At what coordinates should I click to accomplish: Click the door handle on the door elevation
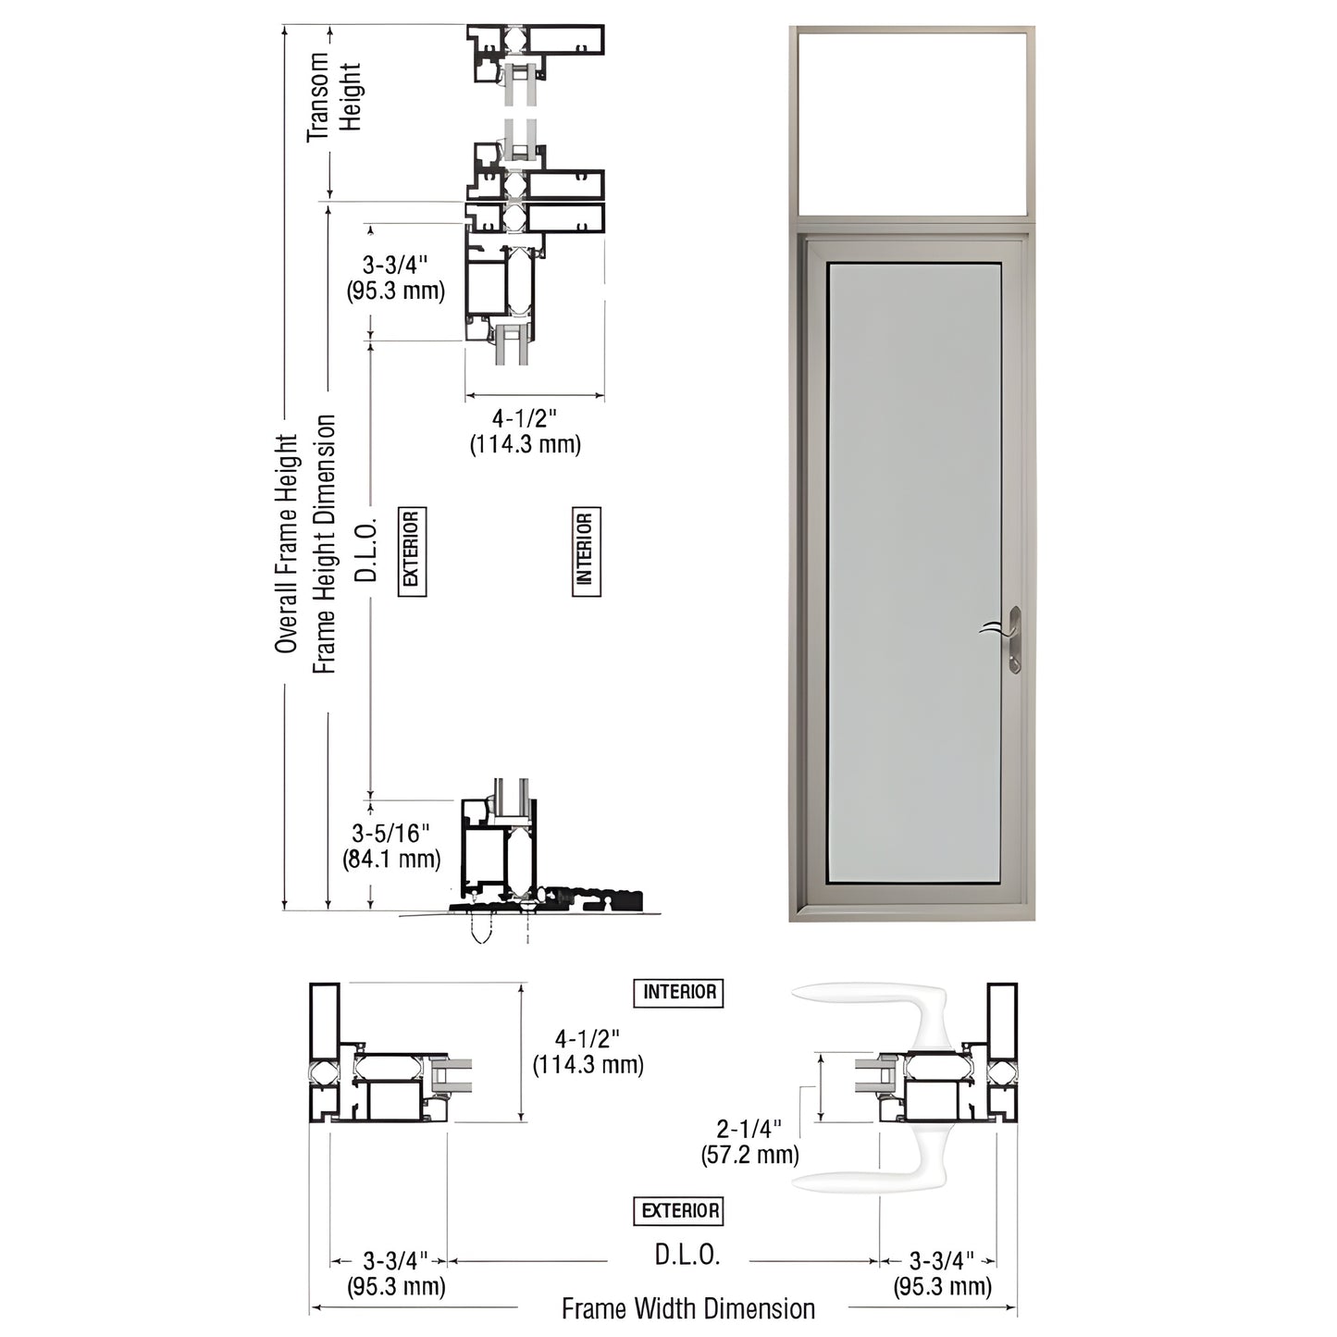[x=1011, y=638]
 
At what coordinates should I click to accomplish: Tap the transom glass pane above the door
[x=912, y=123]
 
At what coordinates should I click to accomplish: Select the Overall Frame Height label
[x=287, y=544]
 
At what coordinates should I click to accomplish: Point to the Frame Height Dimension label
[x=324, y=544]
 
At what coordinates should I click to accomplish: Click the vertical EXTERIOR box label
[x=412, y=551]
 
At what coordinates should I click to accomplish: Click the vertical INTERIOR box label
[x=586, y=551]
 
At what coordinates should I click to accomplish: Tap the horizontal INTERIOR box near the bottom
[x=679, y=993]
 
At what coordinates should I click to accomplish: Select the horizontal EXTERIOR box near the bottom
[x=679, y=1210]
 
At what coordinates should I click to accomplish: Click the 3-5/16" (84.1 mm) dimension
[x=391, y=847]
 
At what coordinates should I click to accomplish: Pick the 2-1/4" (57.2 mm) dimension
[x=749, y=1141]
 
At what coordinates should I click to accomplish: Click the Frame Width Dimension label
[x=687, y=1309]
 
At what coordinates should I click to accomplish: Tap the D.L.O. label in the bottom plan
[x=687, y=1256]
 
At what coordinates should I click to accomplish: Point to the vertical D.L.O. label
[x=367, y=551]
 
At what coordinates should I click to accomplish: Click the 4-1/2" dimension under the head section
[x=526, y=432]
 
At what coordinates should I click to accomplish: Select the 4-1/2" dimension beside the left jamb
[x=588, y=1052]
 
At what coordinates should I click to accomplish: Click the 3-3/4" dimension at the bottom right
[x=942, y=1273]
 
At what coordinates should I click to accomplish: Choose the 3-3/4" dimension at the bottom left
[x=396, y=1273]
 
